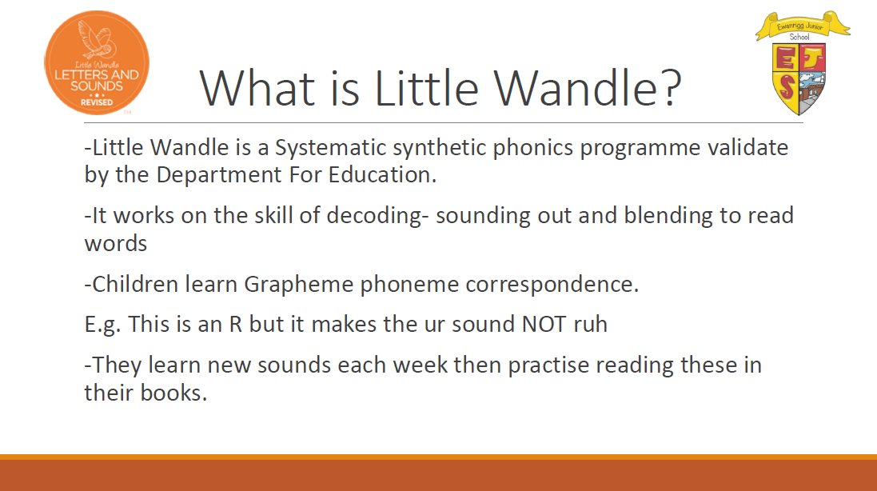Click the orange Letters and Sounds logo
[x=97, y=62]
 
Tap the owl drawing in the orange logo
[x=96, y=39]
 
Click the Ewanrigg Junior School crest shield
[x=799, y=78]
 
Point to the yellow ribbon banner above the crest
[x=803, y=25]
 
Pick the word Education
[x=382, y=175]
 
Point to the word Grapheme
[x=299, y=285]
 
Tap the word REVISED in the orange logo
[x=97, y=102]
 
